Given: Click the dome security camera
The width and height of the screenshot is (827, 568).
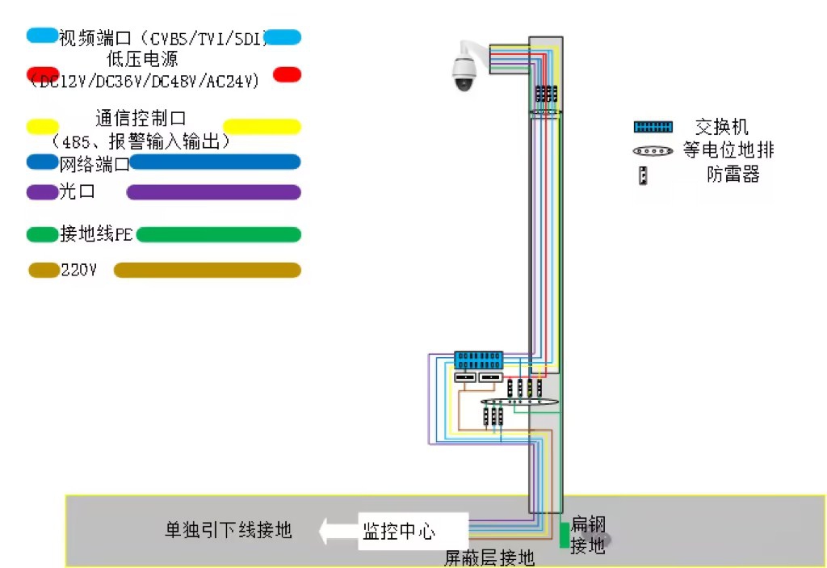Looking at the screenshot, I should coord(464,69).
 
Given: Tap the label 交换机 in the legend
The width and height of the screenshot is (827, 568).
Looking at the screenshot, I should coord(721,127).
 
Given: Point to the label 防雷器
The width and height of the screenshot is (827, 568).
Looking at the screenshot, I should coord(733,175).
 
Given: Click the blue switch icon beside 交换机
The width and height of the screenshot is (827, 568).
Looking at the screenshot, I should coord(653,127).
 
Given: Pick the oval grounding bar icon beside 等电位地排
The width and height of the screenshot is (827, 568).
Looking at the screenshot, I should coord(653,150).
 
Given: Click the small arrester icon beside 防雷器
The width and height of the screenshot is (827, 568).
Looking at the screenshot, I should coord(644,175).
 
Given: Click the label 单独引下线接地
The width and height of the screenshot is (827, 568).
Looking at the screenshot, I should coord(228,530).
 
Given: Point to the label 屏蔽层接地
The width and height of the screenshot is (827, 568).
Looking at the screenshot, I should coord(489,557).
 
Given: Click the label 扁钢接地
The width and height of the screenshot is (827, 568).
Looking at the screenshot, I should coord(588,535).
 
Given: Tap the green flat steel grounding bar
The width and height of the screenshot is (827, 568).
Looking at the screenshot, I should coord(564,535).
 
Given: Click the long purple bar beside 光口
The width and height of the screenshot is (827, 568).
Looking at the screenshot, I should coord(213,192).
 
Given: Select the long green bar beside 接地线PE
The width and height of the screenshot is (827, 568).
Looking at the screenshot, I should coord(218,235).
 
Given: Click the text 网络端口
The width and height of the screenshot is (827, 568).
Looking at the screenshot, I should coord(94,165).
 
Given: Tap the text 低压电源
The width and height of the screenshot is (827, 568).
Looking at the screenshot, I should coord(142,59).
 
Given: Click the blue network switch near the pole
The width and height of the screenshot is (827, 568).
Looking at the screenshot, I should coord(478,360).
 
